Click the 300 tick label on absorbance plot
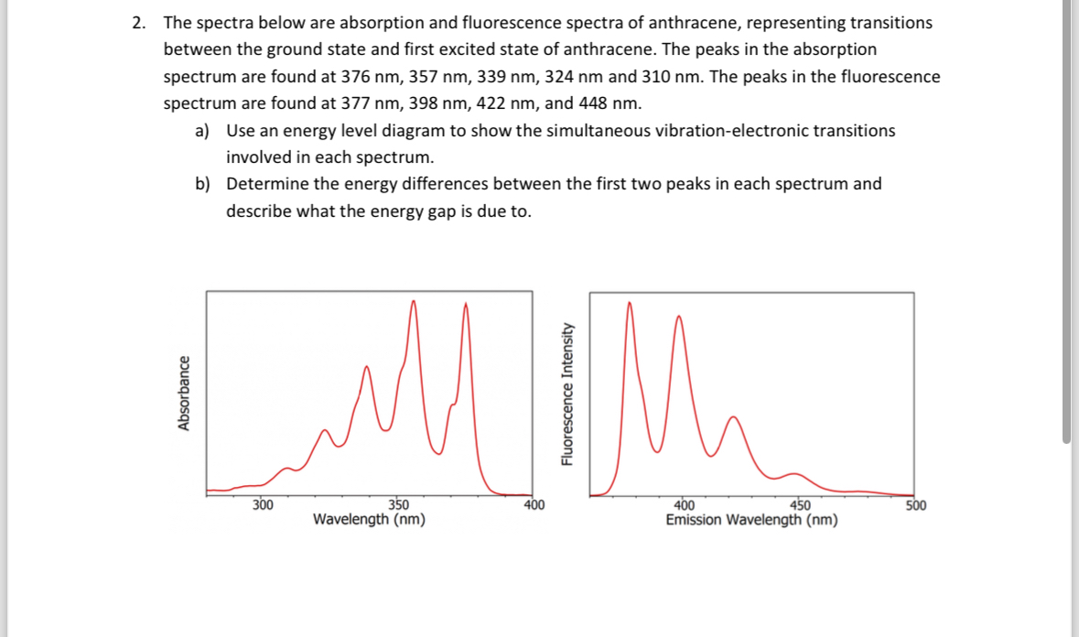263,504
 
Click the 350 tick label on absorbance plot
399,504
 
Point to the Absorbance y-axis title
184,394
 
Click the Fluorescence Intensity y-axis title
567,394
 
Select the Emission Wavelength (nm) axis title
751,520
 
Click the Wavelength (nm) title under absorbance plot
369,520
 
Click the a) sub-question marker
203,131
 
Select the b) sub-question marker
203,184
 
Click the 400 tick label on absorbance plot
534,504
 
